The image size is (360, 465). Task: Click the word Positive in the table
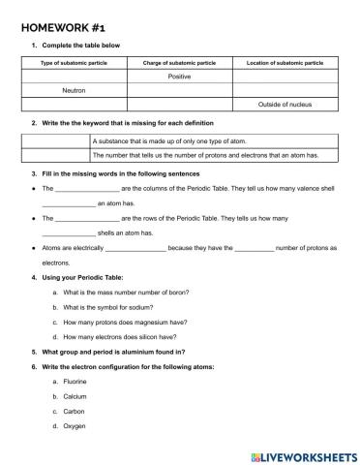pos(179,76)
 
